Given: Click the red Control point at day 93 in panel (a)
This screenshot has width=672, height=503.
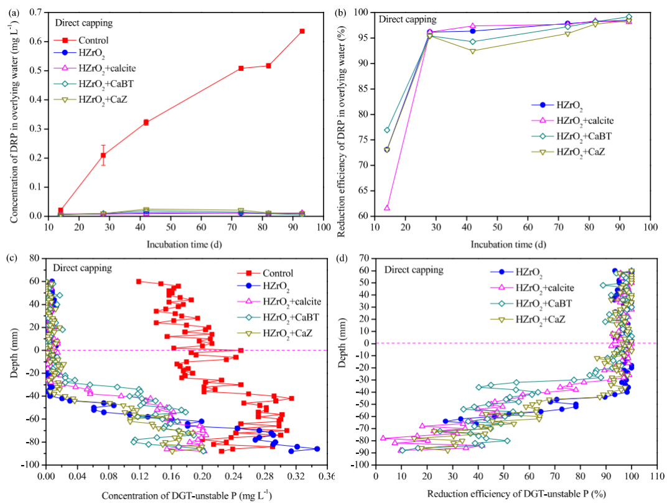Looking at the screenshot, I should [x=302, y=31].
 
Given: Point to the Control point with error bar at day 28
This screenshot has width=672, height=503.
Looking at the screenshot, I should [x=103, y=155].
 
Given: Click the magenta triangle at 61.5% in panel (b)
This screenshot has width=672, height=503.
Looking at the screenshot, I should [x=387, y=208].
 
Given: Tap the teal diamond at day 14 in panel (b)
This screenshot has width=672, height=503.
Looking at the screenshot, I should [x=387, y=130].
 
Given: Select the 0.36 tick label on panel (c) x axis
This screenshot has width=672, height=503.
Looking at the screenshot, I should [x=326, y=476].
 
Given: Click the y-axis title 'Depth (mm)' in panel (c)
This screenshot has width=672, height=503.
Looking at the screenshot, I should [x=14, y=361].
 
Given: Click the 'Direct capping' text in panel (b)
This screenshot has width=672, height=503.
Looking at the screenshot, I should [x=408, y=19].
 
